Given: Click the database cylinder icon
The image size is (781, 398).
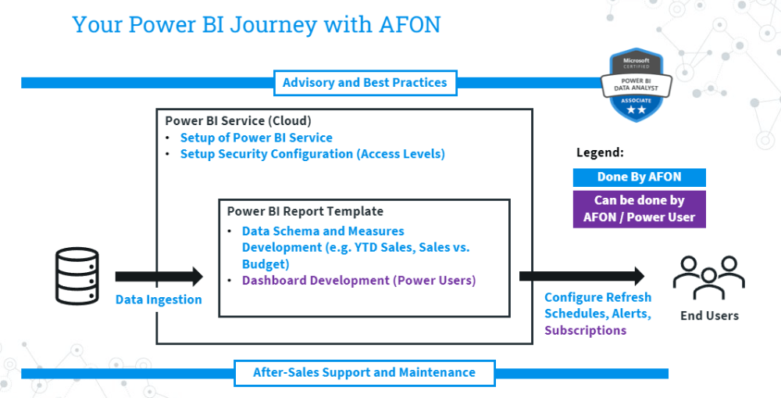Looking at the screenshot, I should pos(77,276).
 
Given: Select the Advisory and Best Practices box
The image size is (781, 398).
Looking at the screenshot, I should pos(365,83).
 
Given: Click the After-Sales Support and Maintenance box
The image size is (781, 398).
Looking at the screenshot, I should pos(364,372).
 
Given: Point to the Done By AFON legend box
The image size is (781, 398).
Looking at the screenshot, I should pos(639,177).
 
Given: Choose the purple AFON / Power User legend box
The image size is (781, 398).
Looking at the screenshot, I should pos(639,209).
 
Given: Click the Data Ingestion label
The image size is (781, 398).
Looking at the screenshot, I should pos(159,299).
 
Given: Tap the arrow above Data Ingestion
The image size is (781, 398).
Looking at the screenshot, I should pos(159,276).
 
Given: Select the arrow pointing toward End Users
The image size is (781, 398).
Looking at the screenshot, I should pos(582,275).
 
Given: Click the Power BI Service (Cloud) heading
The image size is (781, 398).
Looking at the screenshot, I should pos(238,121).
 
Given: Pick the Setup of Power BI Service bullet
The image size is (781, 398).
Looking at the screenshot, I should pos(256,138).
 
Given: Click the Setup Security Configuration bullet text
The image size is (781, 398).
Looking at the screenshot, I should pos(312,154).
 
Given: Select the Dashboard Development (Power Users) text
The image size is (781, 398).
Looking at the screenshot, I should pos(358,280).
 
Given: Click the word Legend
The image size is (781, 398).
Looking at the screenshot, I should pos(600,153).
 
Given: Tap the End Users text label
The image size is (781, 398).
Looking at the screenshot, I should pos(708,315).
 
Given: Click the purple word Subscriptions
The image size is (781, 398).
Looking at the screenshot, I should pos(585,330).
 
